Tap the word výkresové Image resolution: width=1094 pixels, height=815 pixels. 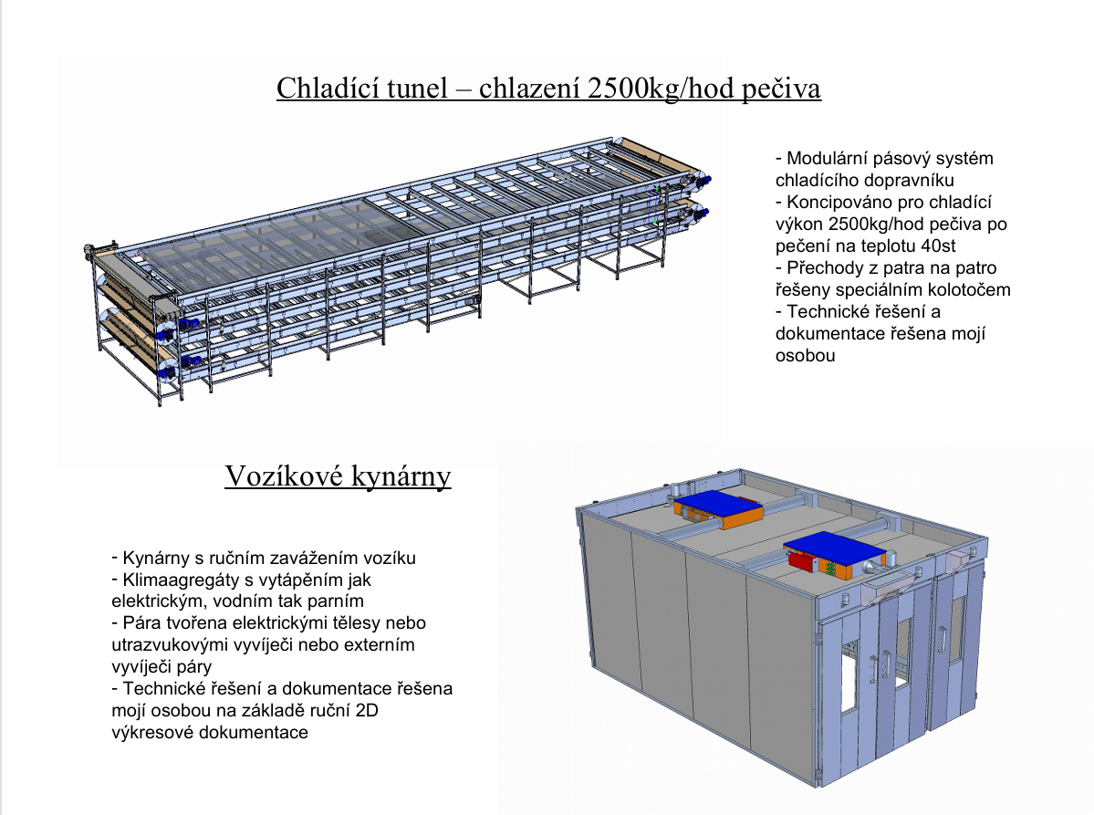pos(143,733)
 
